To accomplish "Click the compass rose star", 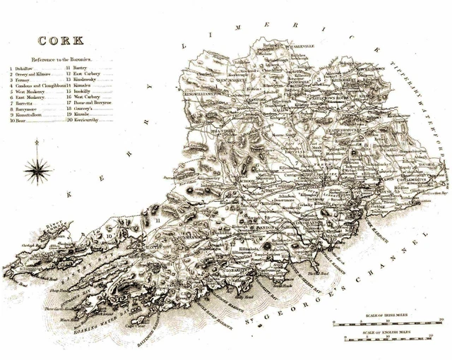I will click(x=37, y=168).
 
